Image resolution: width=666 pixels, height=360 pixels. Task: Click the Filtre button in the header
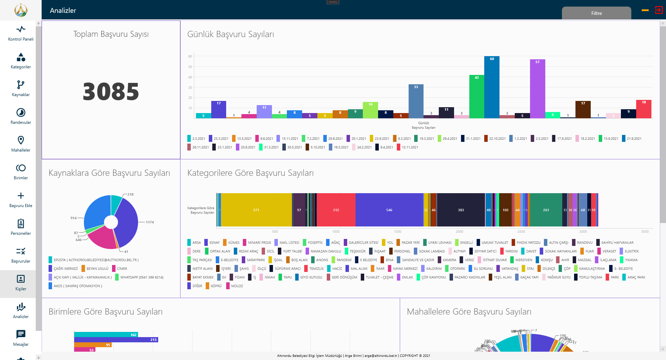pyautogui.click(x=596, y=13)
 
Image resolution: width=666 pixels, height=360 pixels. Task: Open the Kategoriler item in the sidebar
pyautogui.click(x=21, y=61)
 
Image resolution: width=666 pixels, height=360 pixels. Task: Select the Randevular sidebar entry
pyautogui.click(x=21, y=116)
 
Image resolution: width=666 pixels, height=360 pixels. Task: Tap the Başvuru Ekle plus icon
pyautogui.click(x=21, y=196)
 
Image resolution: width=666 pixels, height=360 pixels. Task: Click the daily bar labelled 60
pyautogui.click(x=492, y=87)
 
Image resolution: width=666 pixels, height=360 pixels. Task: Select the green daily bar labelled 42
pyautogui.click(x=477, y=97)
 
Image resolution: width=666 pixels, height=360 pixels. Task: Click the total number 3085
pyautogui.click(x=111, y=92)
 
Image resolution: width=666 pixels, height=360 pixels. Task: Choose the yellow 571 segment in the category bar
pyautogui.click(x=256, y=210)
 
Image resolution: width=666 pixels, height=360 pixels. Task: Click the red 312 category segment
pyautogui.click(x=336, y=210)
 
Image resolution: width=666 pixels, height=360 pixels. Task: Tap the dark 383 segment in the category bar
pyautogui.click(x=461, y=210)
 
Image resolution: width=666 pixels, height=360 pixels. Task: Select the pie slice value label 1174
pyautogui.click(x=150, y=222)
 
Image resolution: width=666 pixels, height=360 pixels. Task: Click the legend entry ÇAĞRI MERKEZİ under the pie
pyautogui.click(x=66, y=269)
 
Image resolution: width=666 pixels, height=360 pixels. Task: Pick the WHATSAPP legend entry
pyautogui.click(x=142, y=277)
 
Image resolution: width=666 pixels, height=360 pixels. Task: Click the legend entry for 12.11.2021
pyautogui.click(x=410, y=147)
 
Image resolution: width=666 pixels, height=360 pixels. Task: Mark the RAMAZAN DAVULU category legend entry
pyautogui.click(x=326, y=251)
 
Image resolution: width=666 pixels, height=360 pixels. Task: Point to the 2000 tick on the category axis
pyautogui.click(x=459, y=231)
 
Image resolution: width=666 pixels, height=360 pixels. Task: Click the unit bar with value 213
pyautogui.click(x=116, y=340)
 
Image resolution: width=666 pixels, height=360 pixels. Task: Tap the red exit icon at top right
pyautogui.click(x=659, y=10)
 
